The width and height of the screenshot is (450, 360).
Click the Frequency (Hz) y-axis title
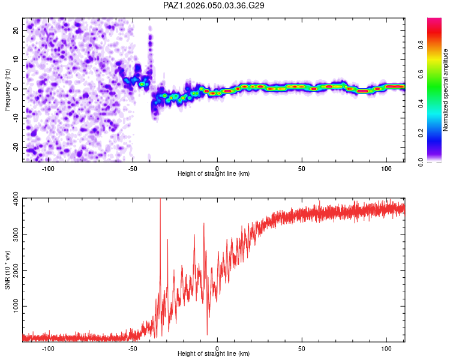[x=7, y=89]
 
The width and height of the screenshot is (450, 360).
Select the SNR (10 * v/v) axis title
[x=7, y=269]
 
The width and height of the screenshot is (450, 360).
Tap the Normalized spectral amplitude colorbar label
[x=445, y=89]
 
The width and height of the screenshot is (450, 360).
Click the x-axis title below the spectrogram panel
[x=214, y=174]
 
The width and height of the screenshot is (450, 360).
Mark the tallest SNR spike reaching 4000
[x=160, y=202]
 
